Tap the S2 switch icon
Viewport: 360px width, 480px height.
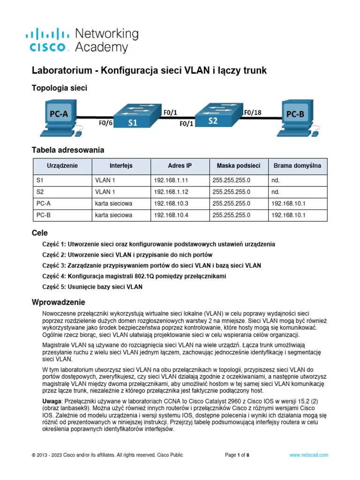pyautogui.click(x=214, y=115)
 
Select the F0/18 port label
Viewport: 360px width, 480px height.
pyautogui.click(x=253, y=112)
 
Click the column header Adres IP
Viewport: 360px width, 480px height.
pyautogui.click(x=180, y=166)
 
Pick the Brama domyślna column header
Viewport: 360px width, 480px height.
pyautogui.click(x=297, y=166)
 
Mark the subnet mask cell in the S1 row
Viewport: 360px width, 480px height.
pyautogui.click(x=231, y=180)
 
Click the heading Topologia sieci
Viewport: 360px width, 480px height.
pyautogui.click(x=59, y=88)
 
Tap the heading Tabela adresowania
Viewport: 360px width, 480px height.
pyautogui.click(x=67, y=150)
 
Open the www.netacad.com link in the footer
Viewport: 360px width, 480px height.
pyautogui.click(x=308, y=455)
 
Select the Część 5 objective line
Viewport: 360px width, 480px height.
pyautogui.click(x=92, y=286)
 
